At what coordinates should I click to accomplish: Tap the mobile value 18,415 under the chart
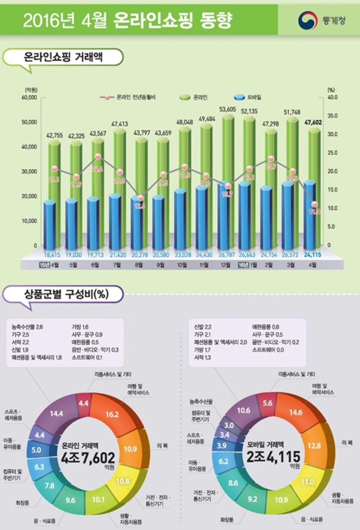(50, 254)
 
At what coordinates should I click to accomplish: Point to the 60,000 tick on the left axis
(30, 97)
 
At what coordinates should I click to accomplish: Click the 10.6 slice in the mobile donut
(244, 411)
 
